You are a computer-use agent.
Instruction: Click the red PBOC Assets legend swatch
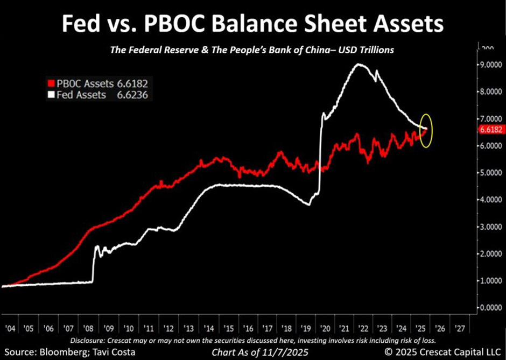coord(51,84)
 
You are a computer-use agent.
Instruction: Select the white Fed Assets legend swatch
coord(51,95)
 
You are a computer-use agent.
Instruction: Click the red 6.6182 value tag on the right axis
coord(490,130)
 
